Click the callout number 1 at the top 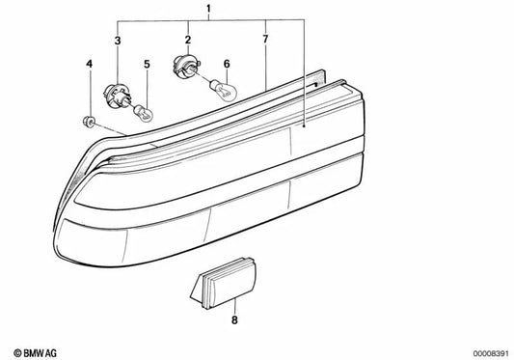point(206,9)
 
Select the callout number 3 point(118,41)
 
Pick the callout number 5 point(147,66)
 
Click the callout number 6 point(227,66)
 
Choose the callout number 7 point(266,41)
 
